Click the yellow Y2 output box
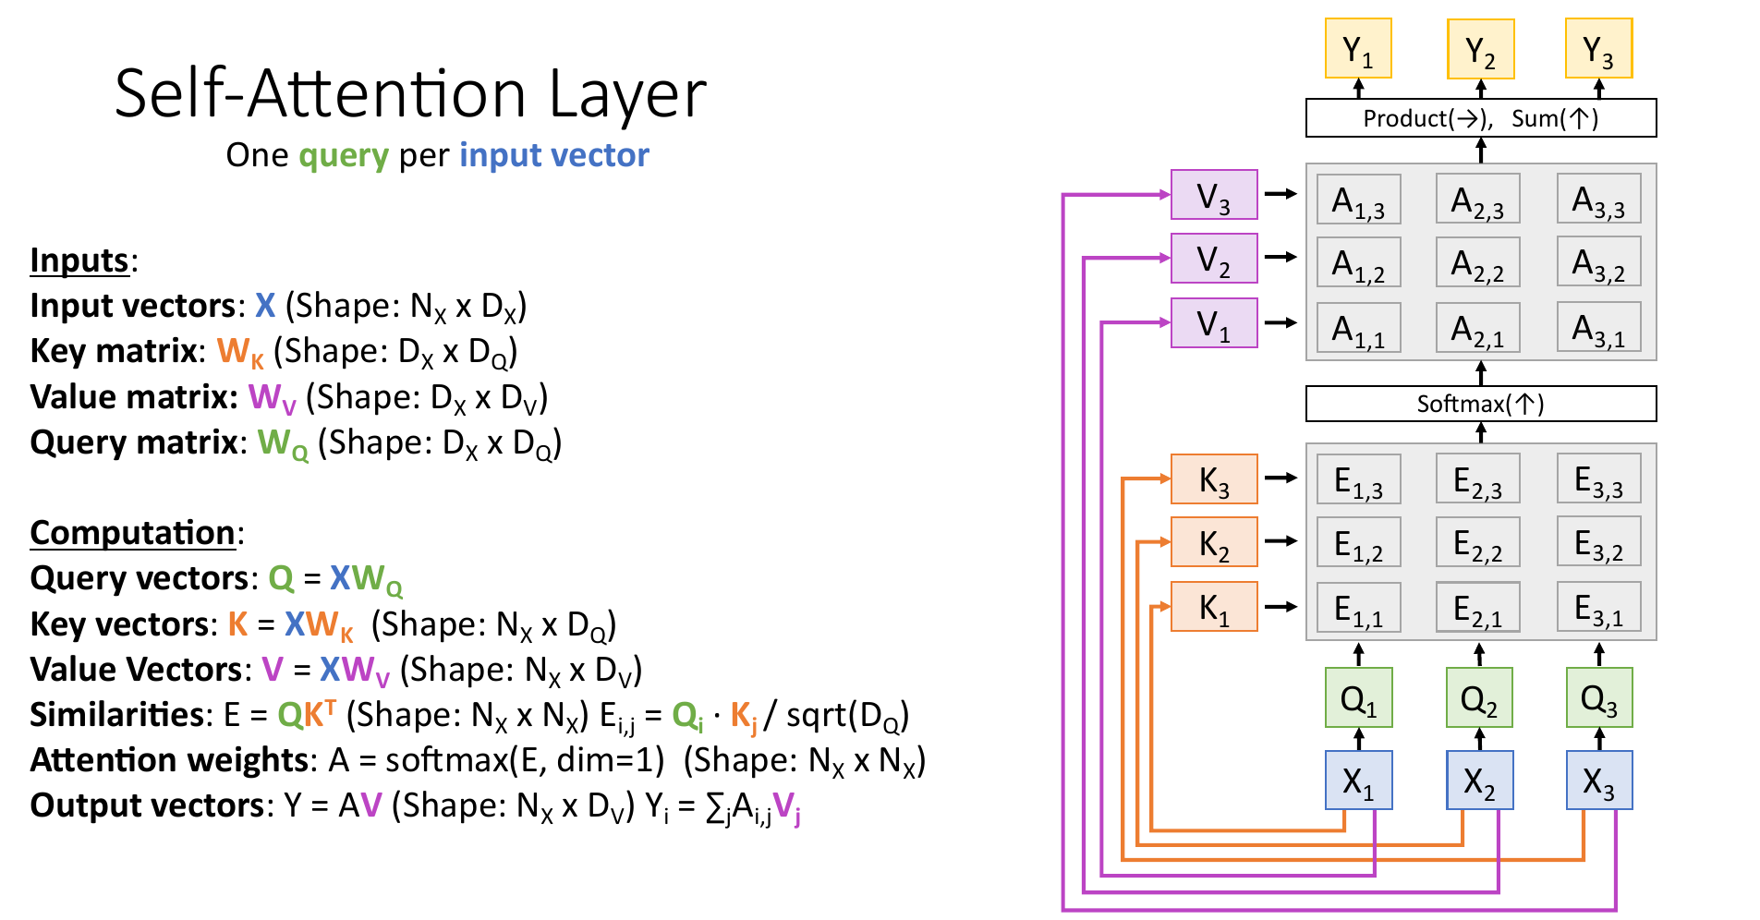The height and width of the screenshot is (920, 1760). pyautogui.click(x=1480, y=49)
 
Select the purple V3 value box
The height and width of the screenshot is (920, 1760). pyautogui.click(x=1214, y=195)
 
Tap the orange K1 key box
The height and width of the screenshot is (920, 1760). pyautogui.click(x=1214, y=607)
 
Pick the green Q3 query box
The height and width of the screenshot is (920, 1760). pyautogui.click(x=1599, y=698)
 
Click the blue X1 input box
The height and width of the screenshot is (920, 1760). pyautogui.click(x=1358, y=781)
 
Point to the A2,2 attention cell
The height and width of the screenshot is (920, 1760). pyautogui.click(x=1477, y=263)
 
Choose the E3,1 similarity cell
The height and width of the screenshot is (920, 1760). pyautogui.click(x=1599, y=608)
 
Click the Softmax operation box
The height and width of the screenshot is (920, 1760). pyautogui.click(x=1480, y=404)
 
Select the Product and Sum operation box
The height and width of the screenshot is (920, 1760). pyautogui.click(x=1480, y=118)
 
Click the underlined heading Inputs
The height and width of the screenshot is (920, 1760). pyautogui.click(x=79, y=260)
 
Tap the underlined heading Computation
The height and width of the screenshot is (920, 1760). pyautogui.click(x=133, y=533)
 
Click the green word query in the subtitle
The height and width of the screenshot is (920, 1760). pyautogui.click(x=344, y=155)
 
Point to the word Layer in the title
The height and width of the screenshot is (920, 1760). pyautogui.click(x=627, y=94)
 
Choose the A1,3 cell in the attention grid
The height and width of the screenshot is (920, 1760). pyautogui.click(x=1358, y=200)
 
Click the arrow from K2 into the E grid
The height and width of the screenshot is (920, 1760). pyautogui.click(x=1281, y=540)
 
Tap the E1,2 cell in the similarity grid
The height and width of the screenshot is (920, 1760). pyautogui.click(x=1358, y=542)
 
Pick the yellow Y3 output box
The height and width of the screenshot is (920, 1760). pyautogui.click(x=1598, y=49)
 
